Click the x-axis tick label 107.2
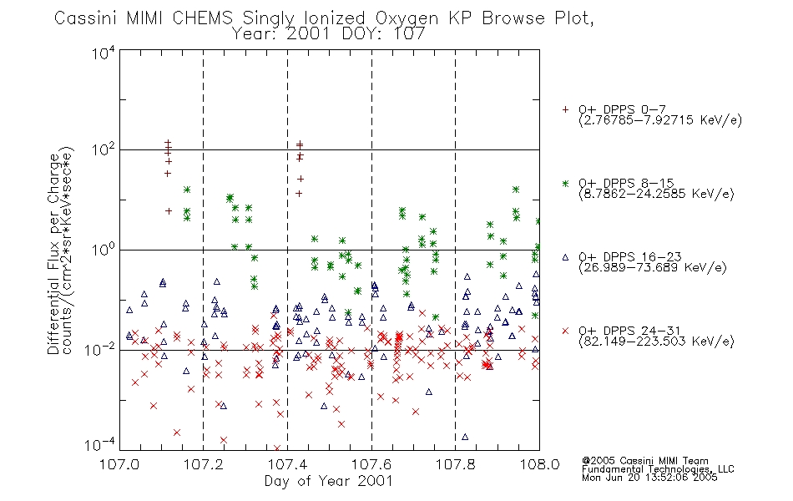(x=204, y=464)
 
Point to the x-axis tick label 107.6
(x=371, y=464)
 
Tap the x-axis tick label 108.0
(x=539, y=464)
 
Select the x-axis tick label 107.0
(x=119, y=464)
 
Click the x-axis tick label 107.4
(x=287, y=464)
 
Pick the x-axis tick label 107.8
(x=456, y=464)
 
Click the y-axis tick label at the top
(x=104, y=53)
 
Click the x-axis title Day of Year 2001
(x=328, y=481)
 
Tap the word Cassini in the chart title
(x=85, y=18)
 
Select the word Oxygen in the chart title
(x=407, y=19)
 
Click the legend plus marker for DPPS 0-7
(x=565, y=109)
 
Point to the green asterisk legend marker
(x=565, y=183)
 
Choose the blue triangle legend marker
(x=565, y=257)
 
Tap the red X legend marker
(x=565, y=331)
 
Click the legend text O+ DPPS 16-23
(x=630, y=256)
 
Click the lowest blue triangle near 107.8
(x=465, y=437)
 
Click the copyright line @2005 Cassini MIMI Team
(x=644, y=461)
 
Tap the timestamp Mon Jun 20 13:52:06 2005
(x=649, y=478)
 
